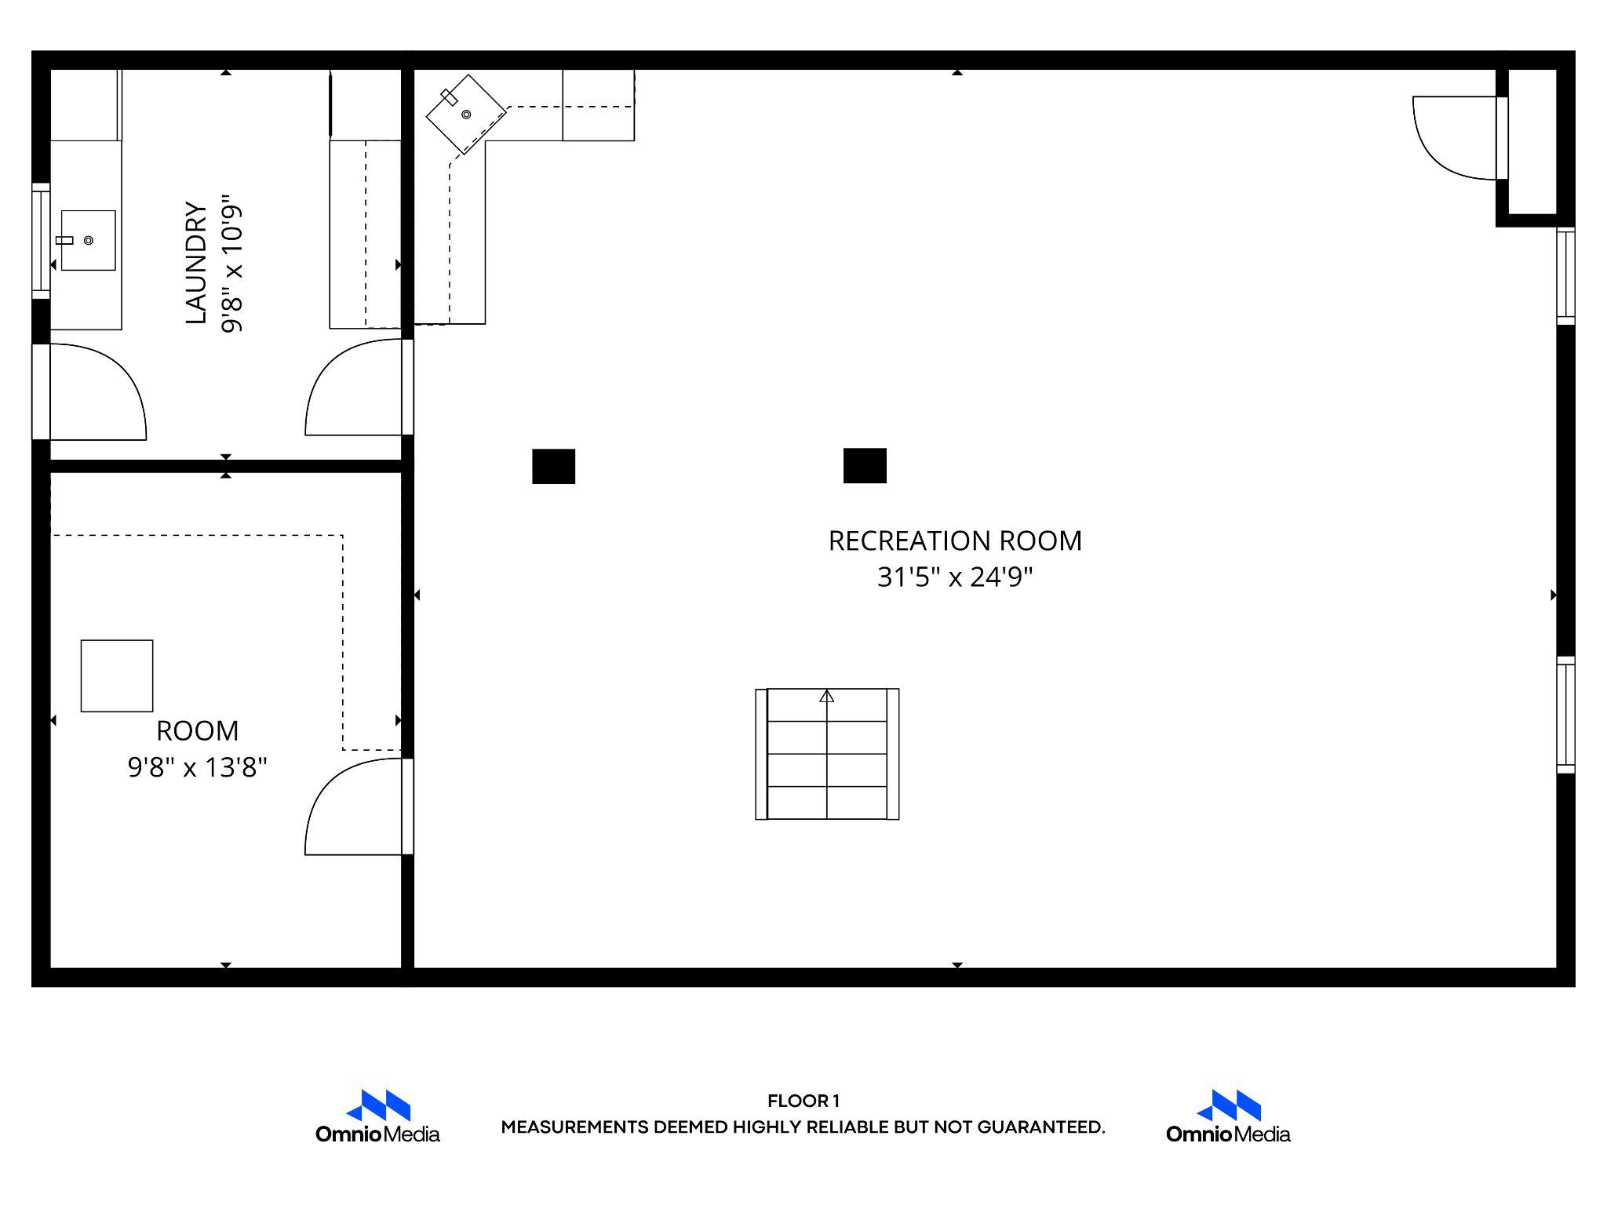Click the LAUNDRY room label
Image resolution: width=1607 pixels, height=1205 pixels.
[x=196, y=263]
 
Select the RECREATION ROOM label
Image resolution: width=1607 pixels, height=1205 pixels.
[x=955, y=541]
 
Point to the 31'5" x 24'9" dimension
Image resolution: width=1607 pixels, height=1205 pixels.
[x=955, y=577]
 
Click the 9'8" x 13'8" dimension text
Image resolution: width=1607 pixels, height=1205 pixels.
[x=198, y=766]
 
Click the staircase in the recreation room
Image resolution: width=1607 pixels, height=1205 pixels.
[x=827, y=754]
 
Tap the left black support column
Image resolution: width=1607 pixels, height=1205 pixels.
[x=553, y=466]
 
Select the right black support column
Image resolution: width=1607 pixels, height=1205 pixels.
[x=865, y=465]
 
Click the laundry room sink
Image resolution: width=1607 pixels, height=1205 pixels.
[x=88, y=240]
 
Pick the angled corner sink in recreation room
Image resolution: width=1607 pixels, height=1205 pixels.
[x=465, y=115]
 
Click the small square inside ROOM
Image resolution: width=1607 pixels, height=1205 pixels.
[x=117, y=675]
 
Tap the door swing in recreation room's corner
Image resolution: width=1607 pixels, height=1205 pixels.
[x=1452, y=137]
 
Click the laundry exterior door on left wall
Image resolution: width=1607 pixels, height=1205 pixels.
[x=90, y=392]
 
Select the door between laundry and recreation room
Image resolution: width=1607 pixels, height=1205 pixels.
[x=357, y=388]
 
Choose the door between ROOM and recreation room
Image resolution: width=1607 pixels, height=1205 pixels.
[x=357, y=808]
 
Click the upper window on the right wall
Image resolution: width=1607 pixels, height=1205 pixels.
[x=1565, y=276]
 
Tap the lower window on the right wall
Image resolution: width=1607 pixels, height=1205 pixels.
[x=1565, y=715]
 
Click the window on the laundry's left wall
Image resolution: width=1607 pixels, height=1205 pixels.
[x=40, y=241]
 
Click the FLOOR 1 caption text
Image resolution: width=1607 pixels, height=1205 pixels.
[x=803, y=1101]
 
